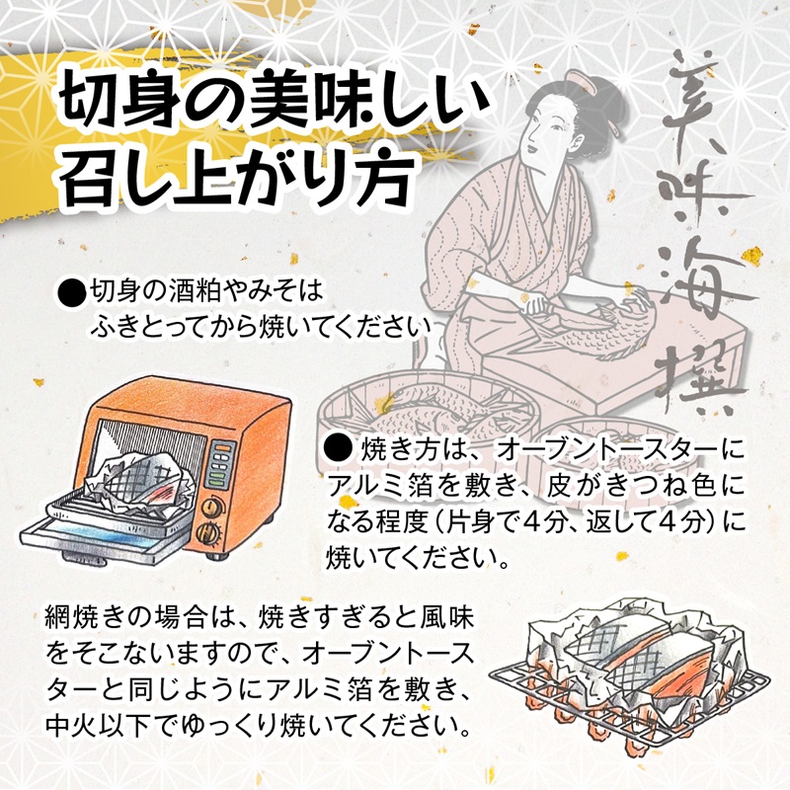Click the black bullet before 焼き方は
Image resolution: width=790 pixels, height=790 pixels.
coord(337,450)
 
